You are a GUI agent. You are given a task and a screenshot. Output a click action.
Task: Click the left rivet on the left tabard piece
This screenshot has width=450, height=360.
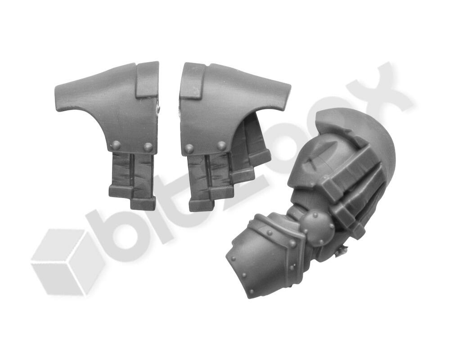pyautogui.click(x=117, y=145)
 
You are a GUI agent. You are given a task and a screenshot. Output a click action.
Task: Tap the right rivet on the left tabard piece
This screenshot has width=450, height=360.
pyautogui.click(x=148, y=147)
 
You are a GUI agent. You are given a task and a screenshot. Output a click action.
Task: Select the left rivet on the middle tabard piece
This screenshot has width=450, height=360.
pyautogui.click(x=189, y=148)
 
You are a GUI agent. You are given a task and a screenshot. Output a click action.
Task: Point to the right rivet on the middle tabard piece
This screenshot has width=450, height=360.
pyautogui.click(x=221, y=146)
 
